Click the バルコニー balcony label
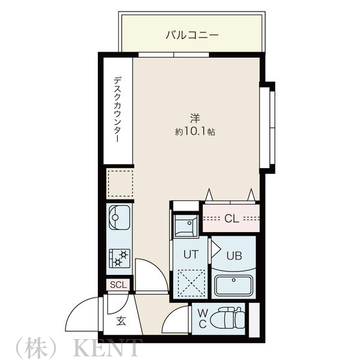(x=192, y=35)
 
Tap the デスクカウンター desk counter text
(x=118, y=109)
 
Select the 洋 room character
(x=196, y=117)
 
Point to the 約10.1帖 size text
(x=195, y=132)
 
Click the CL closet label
(x=231, y=218)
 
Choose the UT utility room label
(x=190, y=254)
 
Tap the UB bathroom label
(x=234, y=254)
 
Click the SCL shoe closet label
(x=118, y=284)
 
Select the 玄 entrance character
(x=121, y=321)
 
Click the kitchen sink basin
(x=119, y=218)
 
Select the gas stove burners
(x=119, y=259)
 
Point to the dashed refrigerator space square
(x=119, y=184)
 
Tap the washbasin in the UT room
(x=185, y=226)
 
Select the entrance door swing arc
(x=82, y=313)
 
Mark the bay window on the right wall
(x=269, y=127)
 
